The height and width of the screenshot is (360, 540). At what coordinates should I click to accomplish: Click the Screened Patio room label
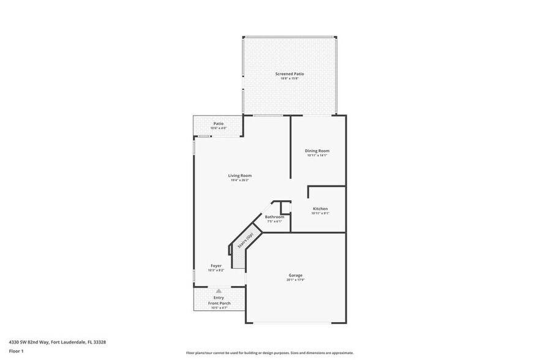(289, 74)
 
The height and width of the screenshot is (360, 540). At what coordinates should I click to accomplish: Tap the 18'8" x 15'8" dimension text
(289, 79)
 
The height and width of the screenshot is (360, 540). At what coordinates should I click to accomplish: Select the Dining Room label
(317, 151)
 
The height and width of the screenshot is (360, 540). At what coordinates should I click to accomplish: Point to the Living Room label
(241, 176)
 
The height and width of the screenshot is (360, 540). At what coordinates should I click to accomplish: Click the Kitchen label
(320, 209)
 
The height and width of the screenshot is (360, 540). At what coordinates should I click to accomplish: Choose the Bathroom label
(274, 217)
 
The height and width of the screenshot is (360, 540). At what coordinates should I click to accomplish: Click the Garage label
(296, 275)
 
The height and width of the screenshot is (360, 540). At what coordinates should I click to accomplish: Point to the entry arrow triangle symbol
(219, 291)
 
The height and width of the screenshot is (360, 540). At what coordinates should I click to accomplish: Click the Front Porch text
(219, 302)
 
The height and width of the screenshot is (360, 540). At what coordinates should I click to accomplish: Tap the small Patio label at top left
(219, 124)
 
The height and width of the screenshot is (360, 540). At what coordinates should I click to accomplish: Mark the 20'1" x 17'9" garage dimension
(296, 280)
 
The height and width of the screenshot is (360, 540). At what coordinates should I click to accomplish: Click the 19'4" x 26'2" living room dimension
(241, 181)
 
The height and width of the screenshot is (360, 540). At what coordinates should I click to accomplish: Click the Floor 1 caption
(16, 351)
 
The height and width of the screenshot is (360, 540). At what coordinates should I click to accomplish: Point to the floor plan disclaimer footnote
(269, 353)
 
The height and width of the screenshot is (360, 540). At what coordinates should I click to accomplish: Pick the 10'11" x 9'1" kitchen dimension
(320, 214)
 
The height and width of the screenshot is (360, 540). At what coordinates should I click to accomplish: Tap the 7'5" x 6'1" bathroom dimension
(274, 222)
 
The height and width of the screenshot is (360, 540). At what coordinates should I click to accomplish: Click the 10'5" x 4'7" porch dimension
(219, 307)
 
